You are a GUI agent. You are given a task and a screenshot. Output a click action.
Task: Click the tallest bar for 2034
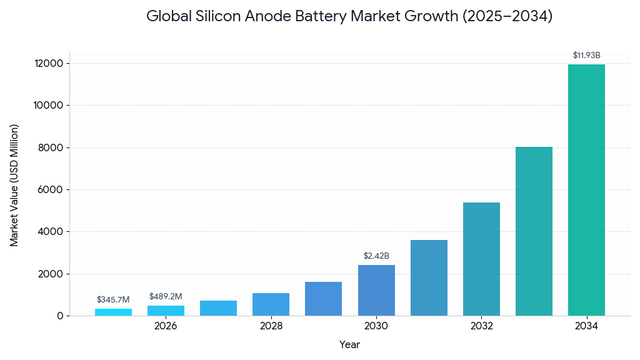[586, 190]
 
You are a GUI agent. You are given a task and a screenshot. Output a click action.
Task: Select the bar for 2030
[376, 290]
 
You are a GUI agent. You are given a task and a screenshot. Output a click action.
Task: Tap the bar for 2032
[481, 259]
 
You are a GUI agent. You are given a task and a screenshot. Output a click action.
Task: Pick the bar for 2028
[271, 304]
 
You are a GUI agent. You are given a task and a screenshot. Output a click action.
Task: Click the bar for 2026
[166, 311]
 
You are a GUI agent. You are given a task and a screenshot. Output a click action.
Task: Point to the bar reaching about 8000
[534, 231]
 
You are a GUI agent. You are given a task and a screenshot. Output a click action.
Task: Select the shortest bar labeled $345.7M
[113, 312]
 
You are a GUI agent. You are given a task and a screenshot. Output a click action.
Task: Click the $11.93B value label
[586, 56]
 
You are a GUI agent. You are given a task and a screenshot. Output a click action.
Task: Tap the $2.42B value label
[376, 256]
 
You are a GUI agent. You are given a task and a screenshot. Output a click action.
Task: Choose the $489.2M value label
[166, 297]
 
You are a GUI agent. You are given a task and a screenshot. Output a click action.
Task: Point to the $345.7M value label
[113, 300]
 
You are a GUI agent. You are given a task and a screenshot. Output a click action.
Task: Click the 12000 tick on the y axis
[48, 64]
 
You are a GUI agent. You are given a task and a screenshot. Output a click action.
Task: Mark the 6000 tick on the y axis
[51, 190]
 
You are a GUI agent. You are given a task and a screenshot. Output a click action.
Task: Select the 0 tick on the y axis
[60, 316]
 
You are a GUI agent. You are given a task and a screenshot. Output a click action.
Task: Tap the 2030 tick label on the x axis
[376, 326]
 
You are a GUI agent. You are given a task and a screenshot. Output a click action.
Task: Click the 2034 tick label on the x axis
[586, 326]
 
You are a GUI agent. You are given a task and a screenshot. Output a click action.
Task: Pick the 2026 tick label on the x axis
[166, 326]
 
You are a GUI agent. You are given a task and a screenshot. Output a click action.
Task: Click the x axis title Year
[349, 344]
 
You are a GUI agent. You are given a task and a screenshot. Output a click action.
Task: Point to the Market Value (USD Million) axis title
[14, 185]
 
